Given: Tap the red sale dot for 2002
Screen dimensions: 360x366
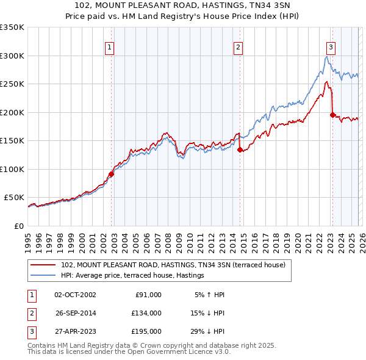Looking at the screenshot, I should click(111, 175).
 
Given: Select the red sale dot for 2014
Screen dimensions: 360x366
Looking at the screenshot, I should click(240, 149).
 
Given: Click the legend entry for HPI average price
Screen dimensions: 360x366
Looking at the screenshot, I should click(132, 276).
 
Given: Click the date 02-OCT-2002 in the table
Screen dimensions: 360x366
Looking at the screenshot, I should click(75, 295).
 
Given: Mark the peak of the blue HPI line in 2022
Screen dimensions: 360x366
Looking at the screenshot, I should click(327, 57).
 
